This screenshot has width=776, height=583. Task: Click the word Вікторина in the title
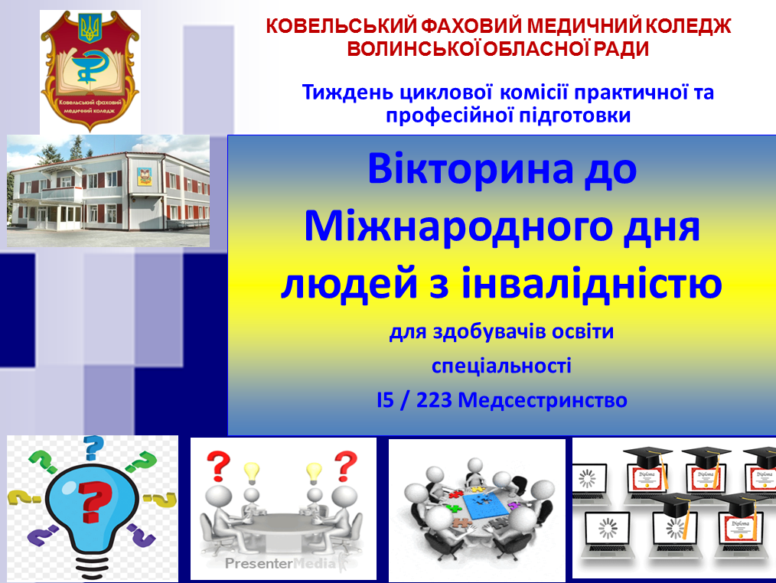470,168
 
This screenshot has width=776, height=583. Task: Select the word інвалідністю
592,282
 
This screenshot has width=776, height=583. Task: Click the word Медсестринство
543,400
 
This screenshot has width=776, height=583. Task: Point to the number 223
434,400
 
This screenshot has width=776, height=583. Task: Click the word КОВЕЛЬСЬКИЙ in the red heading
342,26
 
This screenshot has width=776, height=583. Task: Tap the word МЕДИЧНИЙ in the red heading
583,26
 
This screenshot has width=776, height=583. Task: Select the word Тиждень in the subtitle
348,93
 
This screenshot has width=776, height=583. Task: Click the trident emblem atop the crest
90,29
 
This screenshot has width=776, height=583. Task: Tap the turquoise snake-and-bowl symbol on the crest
89,65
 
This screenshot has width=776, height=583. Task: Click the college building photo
108,191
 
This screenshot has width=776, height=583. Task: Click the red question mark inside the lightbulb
95,501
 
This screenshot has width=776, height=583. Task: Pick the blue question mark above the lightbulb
93,448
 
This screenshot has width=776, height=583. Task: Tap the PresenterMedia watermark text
280,563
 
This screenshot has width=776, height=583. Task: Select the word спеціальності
501,366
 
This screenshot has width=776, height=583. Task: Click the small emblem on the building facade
144,176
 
